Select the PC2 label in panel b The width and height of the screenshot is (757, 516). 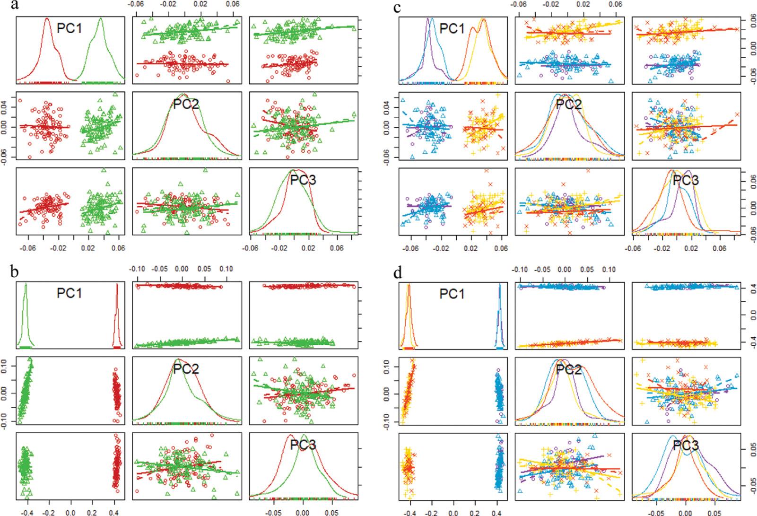click(x=186, y=369)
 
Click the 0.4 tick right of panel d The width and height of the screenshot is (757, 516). click(x=749, y=286)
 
